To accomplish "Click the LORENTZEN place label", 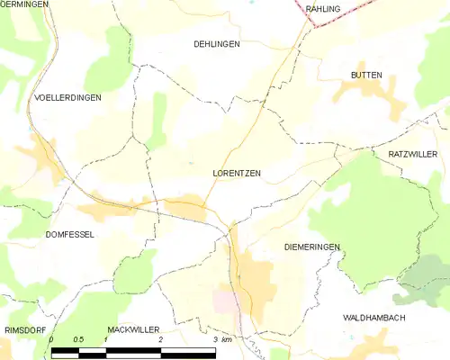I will (237, 174).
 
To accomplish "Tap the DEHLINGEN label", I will (217, 43).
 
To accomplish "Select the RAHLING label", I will (323, 8).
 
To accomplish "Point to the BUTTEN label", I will (366, 75).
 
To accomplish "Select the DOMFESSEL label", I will (69, 234).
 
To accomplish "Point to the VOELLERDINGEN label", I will (67, 96).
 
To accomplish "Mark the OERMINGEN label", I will (23, 4).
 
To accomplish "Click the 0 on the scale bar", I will (52, 339).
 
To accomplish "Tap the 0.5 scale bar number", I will (78, 339).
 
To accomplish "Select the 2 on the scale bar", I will (160, 339).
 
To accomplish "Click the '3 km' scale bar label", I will (222, 339).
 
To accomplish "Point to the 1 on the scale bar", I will (106, 339).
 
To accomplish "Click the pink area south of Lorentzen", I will (224, 300).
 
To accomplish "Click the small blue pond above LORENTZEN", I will (190, 163).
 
